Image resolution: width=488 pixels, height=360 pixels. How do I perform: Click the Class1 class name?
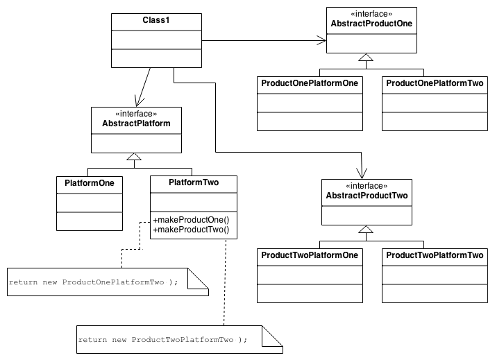157,20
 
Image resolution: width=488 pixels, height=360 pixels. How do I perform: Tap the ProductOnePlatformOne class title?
310,83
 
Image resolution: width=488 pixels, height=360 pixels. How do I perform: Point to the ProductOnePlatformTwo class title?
434,83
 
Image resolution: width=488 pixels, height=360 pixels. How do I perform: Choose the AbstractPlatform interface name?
136,123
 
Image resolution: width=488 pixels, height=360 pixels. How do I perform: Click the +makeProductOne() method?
191,220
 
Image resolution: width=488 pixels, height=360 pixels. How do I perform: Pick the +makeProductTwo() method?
191,230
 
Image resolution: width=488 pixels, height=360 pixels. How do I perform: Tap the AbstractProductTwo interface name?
366,196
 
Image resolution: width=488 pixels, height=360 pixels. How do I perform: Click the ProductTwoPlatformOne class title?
310,255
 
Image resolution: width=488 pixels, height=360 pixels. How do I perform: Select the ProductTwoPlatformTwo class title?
434,255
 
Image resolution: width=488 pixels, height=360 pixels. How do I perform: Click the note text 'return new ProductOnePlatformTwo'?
94,282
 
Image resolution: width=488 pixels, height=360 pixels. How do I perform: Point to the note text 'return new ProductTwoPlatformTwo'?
163,340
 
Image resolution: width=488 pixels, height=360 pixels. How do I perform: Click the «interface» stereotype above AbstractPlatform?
136,114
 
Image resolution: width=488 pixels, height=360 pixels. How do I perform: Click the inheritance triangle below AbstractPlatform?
135,158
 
